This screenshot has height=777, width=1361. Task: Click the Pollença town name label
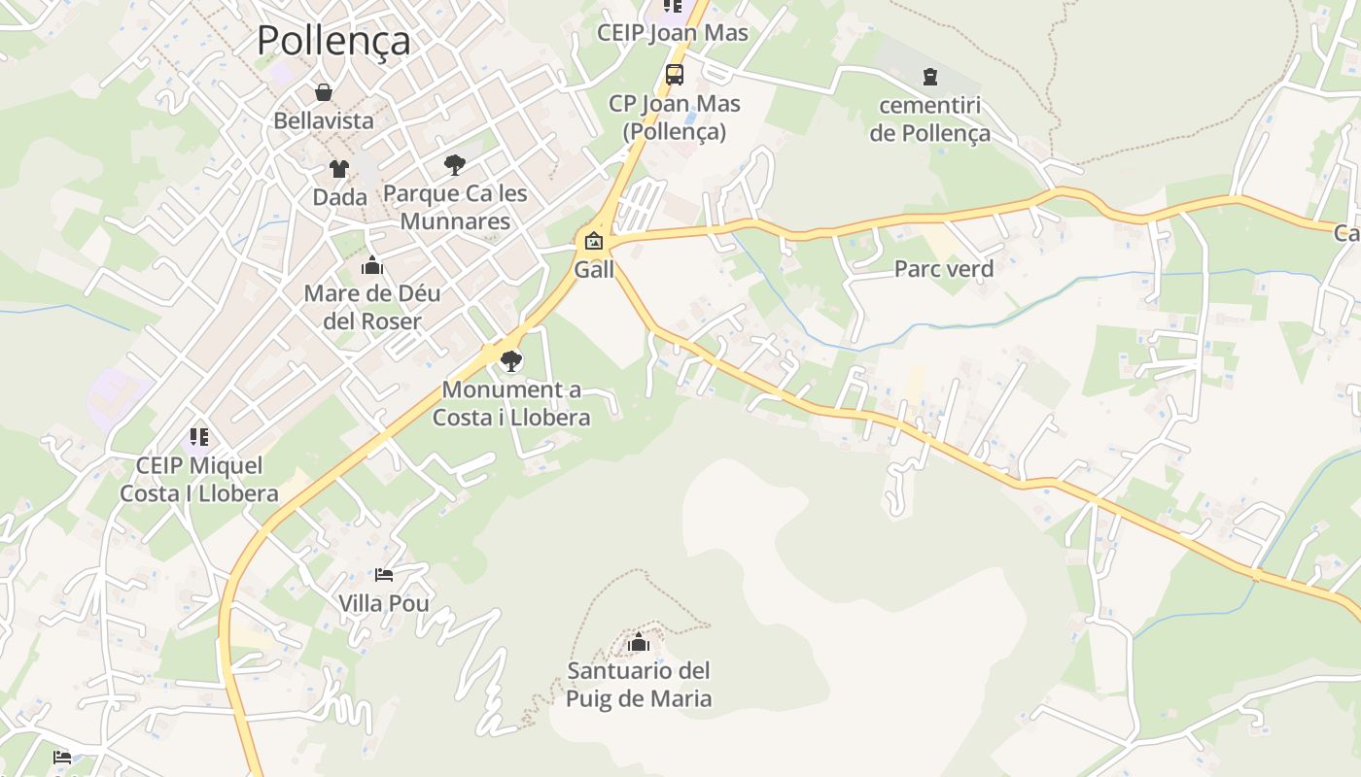(x=332, y=41)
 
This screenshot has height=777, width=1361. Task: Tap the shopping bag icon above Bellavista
(x=324, y=93)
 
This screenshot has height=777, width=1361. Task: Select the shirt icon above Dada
(x=338, y=169)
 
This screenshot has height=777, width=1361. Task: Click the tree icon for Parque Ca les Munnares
(x=454, y=165)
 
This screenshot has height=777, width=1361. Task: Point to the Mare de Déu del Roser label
(x=372, y=307)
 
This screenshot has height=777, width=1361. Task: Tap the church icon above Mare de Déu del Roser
(x=372, y=265)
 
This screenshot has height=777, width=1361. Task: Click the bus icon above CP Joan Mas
(x=674, y=75)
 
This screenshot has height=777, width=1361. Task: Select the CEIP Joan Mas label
(x=673, y=33)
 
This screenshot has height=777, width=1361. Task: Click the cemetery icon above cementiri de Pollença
(x=930, y=76)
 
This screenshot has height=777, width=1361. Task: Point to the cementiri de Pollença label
(x=930, y=119)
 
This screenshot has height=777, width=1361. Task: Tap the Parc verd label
(x=944, y=269)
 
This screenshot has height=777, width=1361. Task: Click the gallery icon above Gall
(x=594, y=241)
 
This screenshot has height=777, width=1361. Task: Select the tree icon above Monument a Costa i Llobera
(x=510, y=362)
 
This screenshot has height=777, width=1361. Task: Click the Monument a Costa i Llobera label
(x=511, y=404)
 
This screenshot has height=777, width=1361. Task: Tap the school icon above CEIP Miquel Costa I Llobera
(x=199, y=437)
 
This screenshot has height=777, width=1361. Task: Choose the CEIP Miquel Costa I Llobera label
(x=199, y=479)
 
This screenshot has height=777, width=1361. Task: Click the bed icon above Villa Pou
(x=384, y=575)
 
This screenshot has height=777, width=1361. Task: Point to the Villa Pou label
(x=384, y=603)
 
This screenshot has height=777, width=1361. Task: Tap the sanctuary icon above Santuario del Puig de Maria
(x=639, y=642)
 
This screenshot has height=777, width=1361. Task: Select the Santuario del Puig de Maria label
(x=639, y=684)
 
